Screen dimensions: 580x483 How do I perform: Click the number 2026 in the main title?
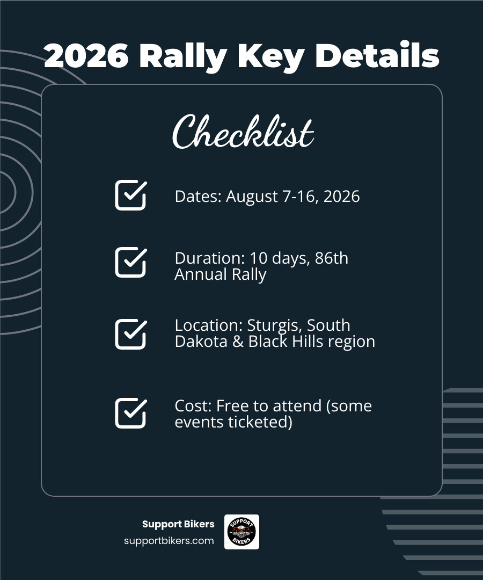86,56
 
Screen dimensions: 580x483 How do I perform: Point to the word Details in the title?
377,56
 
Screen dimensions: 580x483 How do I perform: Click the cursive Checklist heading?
243,132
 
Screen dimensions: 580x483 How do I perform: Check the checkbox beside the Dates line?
130,195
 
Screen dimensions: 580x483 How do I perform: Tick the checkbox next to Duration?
130,262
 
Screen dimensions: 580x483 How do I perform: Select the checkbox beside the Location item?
130,334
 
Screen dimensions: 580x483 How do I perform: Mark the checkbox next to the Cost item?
130,413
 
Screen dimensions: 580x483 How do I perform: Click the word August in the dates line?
252,197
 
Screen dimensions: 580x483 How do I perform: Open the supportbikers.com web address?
169,541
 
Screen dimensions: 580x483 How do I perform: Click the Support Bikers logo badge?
241,532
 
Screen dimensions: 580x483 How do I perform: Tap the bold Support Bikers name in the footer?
178,524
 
